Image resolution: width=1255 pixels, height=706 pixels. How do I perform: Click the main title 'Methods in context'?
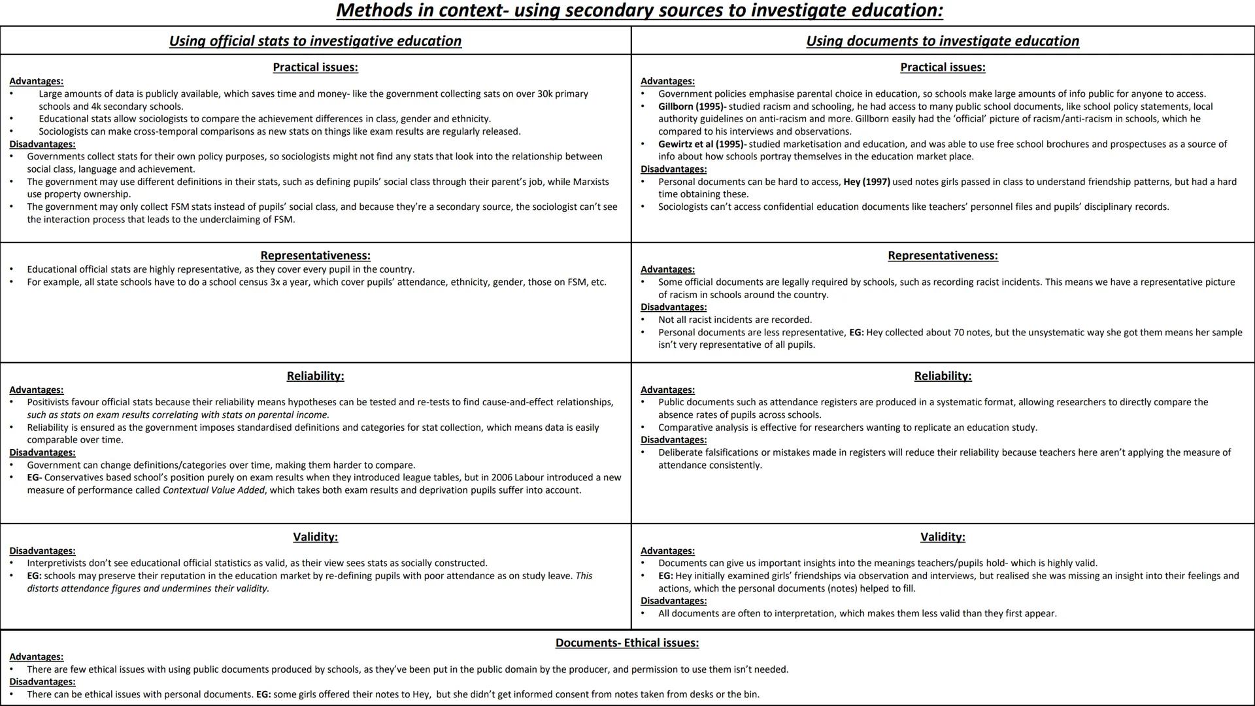pos(639,10)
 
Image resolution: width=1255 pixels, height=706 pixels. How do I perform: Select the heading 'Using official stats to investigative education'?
pos(315,41)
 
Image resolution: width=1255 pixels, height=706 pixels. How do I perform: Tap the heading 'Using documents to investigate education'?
pos(943,41)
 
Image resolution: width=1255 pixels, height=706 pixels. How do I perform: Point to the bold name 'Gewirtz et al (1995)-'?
pos(702,144)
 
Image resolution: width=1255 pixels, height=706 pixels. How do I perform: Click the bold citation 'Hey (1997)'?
pos(866,182)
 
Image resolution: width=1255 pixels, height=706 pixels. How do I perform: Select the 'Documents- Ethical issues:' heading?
pos(627,643)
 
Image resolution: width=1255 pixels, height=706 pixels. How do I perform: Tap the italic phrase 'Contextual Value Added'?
pos(214,490)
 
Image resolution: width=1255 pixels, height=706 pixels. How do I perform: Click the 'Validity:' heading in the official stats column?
pos(315,537)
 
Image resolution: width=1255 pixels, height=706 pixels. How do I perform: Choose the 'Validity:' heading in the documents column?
pos(943,537)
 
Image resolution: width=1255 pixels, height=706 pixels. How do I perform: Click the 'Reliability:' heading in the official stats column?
pos(315,376)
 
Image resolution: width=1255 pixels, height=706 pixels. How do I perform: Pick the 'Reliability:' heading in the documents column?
pos(943,376)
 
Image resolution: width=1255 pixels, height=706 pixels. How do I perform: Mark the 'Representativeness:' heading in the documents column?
pos(943,256)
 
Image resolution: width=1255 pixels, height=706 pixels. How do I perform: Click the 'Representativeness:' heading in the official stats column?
pos(315,256)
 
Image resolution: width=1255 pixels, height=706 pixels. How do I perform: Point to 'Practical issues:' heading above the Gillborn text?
pos(943,67)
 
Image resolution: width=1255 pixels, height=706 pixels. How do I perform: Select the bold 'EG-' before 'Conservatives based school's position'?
pos(34,478)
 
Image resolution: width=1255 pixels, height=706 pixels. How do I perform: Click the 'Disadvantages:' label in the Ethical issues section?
pos(42,682)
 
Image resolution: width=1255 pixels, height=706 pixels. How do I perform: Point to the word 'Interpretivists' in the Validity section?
pos(57,563)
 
